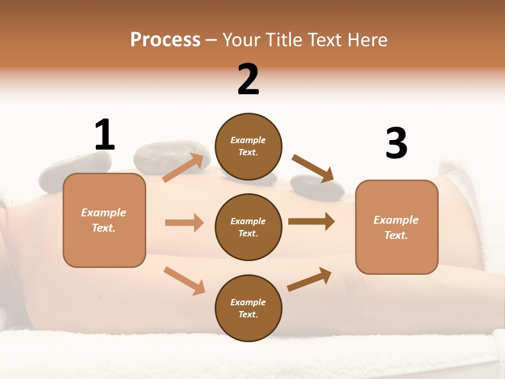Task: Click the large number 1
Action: tap(105, 135)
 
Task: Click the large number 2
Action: tap(248, 79)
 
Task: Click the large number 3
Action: tap(396, 143)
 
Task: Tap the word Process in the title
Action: tap(165, 39)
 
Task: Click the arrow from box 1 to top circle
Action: tap(184, 167)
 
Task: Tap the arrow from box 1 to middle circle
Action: tap(184, 223)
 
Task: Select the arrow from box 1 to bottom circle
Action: tap(184, 280)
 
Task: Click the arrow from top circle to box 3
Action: tap(313, 168)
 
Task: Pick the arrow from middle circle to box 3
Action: tap(311, 222)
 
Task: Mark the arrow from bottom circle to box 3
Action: tap(309, 280)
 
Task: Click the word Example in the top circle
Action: tap(248, 140)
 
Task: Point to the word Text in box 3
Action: tap(396, 235)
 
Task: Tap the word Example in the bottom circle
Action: tap(248, 302)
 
